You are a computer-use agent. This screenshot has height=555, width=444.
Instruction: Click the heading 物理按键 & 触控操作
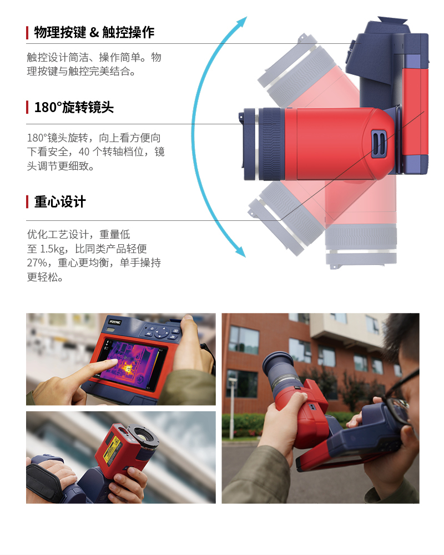coord(94,32)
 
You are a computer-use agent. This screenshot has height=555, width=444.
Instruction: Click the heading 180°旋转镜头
coord(74,107)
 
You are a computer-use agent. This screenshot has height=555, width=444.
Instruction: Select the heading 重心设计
coord(60,202)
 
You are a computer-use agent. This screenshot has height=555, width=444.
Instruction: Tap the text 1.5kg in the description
coord(53,249)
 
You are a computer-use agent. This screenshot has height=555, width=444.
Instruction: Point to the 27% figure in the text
coord(37,263)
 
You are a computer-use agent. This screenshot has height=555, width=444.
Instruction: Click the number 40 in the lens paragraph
coord(84,152)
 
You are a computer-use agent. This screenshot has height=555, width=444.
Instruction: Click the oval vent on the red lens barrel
coord(379,143)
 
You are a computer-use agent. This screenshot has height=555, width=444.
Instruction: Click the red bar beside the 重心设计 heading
coord(27,202)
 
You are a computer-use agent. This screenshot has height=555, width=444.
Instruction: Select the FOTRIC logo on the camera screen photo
coord(115,322)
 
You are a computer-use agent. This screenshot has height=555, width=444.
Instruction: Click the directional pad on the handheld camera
coord(163,332)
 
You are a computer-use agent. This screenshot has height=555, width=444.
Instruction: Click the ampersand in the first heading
coord(94,33)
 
